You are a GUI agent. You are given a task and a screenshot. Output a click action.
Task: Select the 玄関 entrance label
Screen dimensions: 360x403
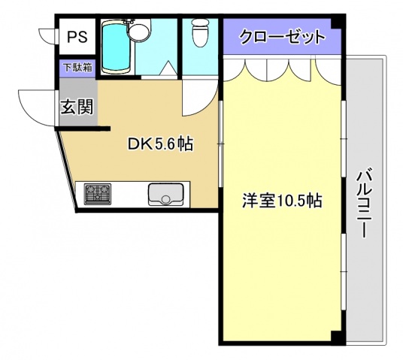pos(77,106)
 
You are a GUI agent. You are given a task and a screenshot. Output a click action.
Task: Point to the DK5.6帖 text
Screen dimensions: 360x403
pos(160,144)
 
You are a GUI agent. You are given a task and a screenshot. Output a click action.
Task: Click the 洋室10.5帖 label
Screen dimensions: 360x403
pos(282,201)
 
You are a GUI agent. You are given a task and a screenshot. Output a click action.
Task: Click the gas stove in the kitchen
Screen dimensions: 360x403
pos(97,195)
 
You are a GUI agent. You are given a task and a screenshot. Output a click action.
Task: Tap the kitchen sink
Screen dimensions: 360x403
pos(166,195)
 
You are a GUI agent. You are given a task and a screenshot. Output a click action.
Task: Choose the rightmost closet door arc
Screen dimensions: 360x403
pos(329,69)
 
